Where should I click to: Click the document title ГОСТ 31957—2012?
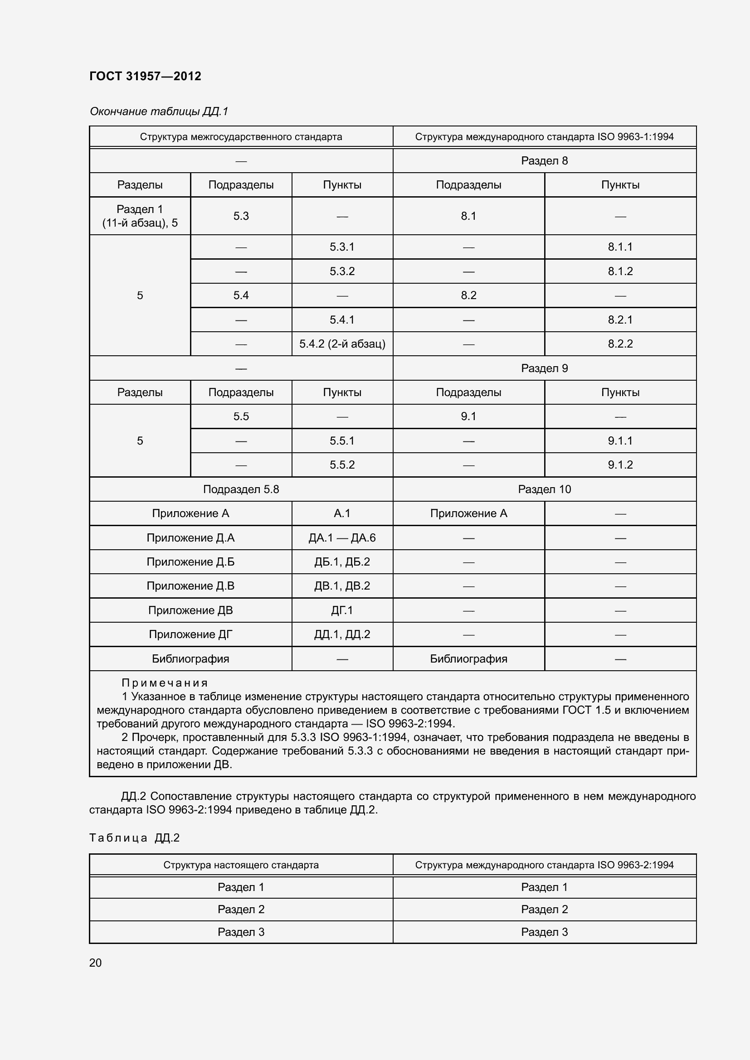coord(145,76)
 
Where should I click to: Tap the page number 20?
coord(95,963)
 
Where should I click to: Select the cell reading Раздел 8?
coord(544,161)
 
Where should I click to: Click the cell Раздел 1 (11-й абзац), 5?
coord(140,216)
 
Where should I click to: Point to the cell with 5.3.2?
coord(342,271)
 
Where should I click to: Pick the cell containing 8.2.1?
coord(620,319)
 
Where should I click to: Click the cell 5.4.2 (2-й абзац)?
coord(342,344)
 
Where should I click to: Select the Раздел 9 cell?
coord(544,368)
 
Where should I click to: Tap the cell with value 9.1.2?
coord(620,465)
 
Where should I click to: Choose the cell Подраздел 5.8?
coord(241,489)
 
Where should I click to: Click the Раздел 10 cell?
coord(544,489)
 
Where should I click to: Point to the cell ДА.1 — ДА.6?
coord(342,538)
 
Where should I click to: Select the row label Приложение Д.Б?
coord(190,562)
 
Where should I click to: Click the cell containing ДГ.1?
coord(342,610)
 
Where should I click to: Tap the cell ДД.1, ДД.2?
coord(342,634)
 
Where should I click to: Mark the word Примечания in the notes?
coord(165,683)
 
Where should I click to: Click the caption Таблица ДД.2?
coord(134,838)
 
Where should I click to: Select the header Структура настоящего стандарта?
coord(241,865)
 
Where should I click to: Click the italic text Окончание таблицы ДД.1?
coord(159,111)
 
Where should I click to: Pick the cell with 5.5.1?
coord(342,441)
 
